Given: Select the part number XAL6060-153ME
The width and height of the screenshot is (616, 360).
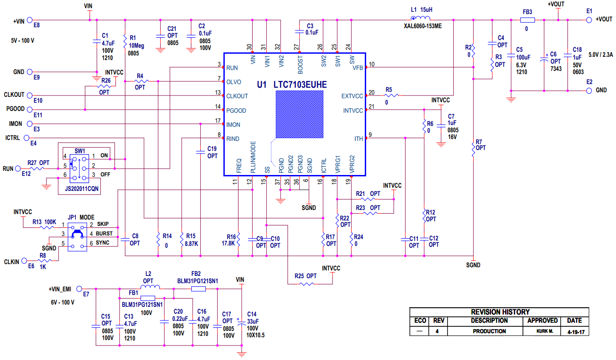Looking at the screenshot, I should pyautogui.click(x=422, y=26).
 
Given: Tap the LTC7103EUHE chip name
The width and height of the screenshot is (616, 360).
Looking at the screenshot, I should pyautogui.click(x=300, y=85).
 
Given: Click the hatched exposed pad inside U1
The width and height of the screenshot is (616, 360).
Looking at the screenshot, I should pyautogui.click(x=299, y=114).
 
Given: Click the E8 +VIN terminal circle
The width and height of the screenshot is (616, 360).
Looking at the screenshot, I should pyautogui.click(x=30, y=20).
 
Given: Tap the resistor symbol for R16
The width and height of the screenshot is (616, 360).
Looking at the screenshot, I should pyautogui.click(x=238, y=239).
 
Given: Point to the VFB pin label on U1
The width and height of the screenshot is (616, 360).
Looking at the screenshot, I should pyautogui.click(x=358, y=68).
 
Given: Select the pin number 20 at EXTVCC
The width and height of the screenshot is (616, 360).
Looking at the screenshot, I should pyautogui.click(x=372, y=92).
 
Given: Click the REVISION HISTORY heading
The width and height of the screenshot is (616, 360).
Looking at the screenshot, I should pyautogui.click(x=500, y=312).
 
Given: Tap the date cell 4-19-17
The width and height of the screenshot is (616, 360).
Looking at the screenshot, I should pyautogui.click(x=575, y=332).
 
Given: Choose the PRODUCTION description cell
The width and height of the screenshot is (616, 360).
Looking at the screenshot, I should pyautogui.click(x=489, y=331).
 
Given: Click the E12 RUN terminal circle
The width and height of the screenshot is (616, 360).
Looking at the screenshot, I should pyautogui.click(x=19, y=169).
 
